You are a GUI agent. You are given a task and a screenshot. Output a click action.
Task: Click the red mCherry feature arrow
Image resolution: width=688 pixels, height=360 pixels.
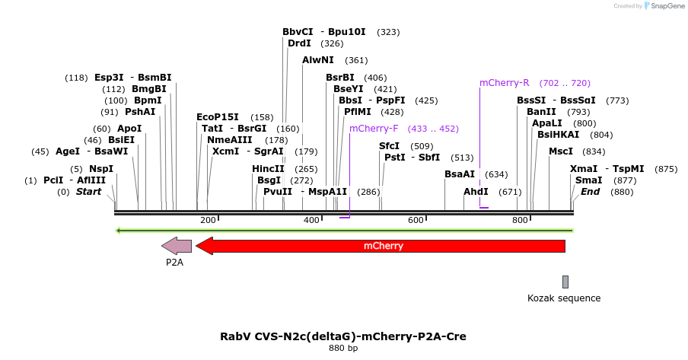tap(381, 246)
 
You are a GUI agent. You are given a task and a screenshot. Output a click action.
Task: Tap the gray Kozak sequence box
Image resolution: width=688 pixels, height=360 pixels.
tap(565, 282)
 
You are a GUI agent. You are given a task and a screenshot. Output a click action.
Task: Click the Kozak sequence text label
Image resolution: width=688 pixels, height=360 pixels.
tap(564, 298)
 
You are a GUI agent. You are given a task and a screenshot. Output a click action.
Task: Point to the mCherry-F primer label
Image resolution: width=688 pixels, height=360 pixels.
tap(374, 129)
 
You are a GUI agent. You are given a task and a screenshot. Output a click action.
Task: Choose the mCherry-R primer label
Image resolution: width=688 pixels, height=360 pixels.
tap(504, 83)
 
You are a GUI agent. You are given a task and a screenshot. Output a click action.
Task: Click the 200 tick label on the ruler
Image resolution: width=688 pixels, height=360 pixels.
tap(208, 220)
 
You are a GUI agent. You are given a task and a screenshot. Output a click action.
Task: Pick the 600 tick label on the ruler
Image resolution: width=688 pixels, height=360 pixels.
tap(416, 220)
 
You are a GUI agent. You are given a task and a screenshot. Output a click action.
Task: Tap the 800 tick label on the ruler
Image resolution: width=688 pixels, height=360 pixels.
tap(520, 220)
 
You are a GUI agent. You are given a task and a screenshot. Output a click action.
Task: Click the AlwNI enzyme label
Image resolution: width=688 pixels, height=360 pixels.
tap(317, 60)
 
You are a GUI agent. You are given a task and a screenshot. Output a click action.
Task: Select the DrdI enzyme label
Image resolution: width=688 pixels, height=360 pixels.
tap(298, 44)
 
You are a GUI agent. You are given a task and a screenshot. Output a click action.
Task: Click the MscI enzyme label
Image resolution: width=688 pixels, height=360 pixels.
tap(561, 151)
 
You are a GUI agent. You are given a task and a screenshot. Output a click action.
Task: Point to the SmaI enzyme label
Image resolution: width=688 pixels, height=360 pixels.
tap(588, 180)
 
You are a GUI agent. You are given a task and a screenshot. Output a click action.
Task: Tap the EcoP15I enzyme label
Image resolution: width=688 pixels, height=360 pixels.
tap(217, 117)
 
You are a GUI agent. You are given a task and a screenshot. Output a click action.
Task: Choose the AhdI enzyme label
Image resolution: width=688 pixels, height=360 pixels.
tap(476, 192)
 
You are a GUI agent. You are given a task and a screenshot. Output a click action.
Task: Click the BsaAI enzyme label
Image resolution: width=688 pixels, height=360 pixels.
tap(460, 174)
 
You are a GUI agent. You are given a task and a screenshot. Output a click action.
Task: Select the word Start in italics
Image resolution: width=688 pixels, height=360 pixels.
tap(88, 192)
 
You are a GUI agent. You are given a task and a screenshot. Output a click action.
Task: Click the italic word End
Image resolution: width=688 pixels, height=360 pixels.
tap(590, 192)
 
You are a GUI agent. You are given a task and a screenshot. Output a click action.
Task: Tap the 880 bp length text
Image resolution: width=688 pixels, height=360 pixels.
tap(342, 349)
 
